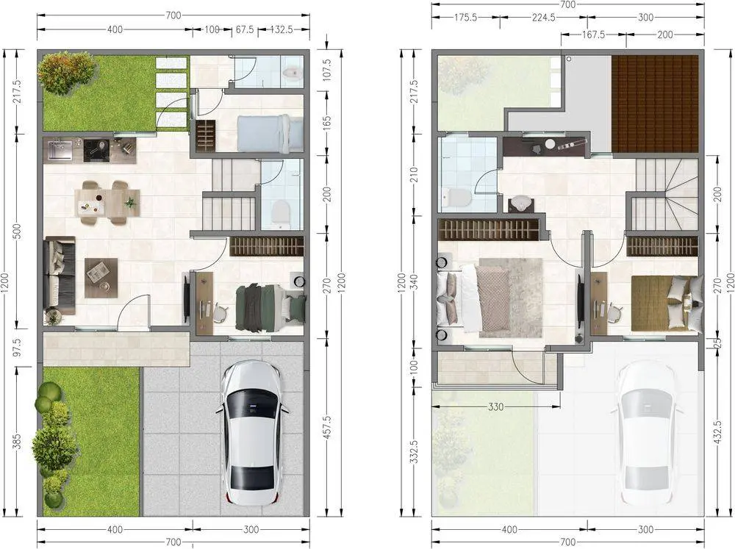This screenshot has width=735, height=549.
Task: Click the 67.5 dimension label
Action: coord(245,29)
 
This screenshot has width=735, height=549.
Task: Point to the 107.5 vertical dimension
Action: coord(327,70)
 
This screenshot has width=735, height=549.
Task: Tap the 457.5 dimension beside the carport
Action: coord(327,427)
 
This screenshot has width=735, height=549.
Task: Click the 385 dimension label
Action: coord(17,441)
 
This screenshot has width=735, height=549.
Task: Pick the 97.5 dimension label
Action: coord(17,346)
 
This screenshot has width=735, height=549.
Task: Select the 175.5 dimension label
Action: coord(465,18)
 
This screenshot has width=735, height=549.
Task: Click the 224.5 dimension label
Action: coord(544,18)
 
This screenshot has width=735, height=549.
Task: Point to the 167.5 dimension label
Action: coord(593,35)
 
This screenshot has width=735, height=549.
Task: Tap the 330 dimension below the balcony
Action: coord(496,406)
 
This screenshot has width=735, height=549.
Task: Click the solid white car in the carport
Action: coord(253,432)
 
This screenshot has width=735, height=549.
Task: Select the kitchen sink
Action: coord(58,149)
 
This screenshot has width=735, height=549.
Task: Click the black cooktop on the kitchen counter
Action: coord(98,149)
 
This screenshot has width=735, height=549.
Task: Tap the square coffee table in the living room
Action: coord(101,278)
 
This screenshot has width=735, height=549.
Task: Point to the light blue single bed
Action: coord(270,134)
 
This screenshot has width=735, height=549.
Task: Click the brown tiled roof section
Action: coord(655,104)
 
